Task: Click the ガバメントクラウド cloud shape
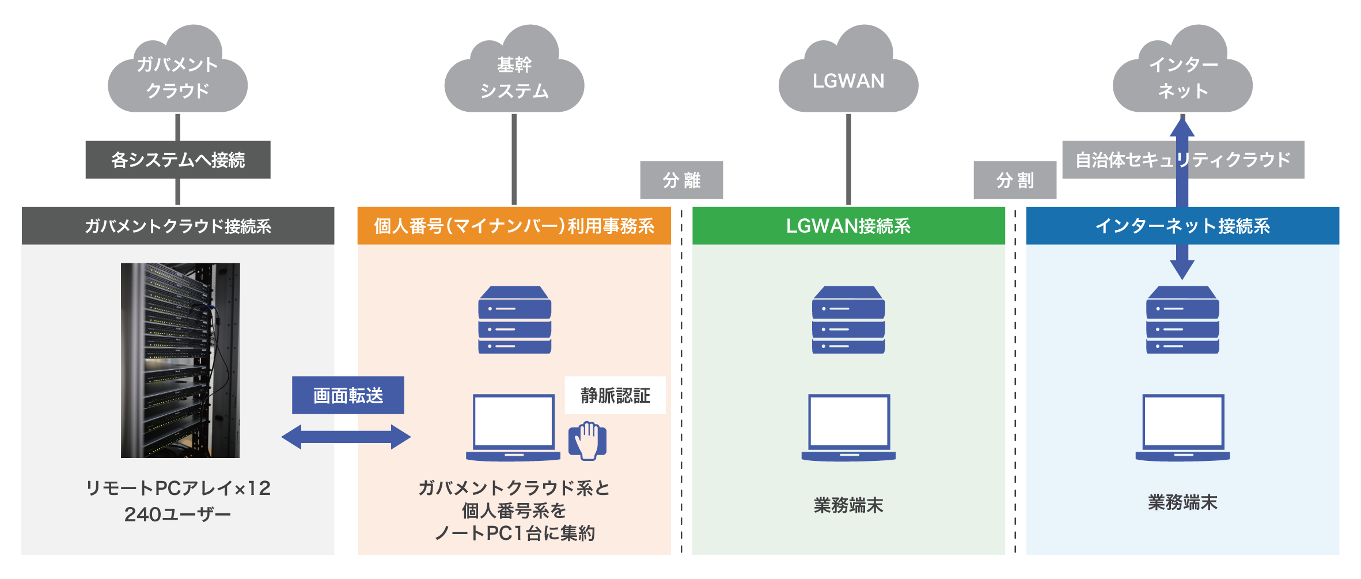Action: point(177,69)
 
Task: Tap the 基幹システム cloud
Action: point(514,69)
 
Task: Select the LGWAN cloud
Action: point(848,69)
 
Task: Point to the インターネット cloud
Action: point(1182,69)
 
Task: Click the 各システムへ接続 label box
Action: point(178,160)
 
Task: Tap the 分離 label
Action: point(681,180)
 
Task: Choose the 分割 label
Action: point(1015,180)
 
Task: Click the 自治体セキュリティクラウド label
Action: point(1183,160)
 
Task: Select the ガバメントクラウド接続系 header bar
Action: point(178,226)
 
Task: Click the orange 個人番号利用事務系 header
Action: point(514,226)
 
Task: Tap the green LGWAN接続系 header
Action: point(848,226)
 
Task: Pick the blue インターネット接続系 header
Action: point(1182,226)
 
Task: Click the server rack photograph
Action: point(180,361)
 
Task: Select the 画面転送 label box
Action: point(348,395)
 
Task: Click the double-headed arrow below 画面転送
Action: point(346,437)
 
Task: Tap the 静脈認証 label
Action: point(615,395)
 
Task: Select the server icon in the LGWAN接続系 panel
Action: point(848,320)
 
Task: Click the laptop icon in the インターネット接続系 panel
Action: point(1182,427)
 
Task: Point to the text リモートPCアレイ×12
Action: point(178,489)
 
